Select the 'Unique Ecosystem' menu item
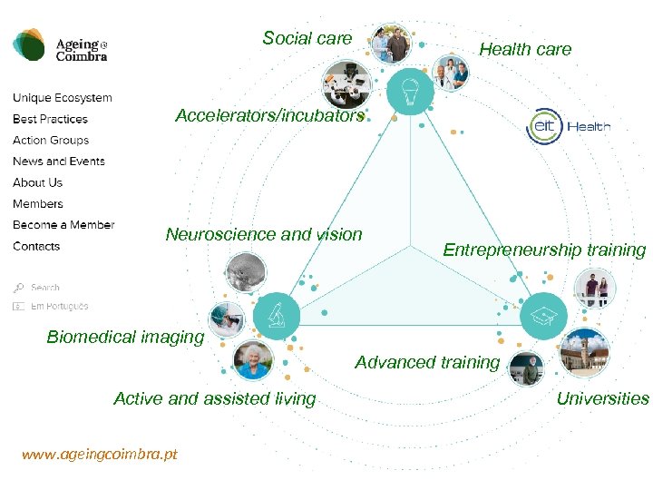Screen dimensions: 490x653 coord(63,98)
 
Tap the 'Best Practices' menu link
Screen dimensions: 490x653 coord(50,119)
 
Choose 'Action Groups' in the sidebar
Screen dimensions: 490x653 coord(51,141)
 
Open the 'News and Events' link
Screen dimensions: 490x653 coord(59,162)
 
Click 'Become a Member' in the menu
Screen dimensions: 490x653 coord(63,225)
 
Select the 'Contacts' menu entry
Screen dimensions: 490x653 coord(36,247)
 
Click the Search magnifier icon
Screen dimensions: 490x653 coord(18,288)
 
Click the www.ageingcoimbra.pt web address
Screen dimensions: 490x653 coord(100,455)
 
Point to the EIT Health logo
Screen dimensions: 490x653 coord(569,127)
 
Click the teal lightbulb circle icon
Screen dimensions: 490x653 coord(409,91)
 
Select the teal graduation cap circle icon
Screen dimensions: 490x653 coord(543,315)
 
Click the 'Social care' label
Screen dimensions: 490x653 coord(307,38)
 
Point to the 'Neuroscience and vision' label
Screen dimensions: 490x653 coord(264,235)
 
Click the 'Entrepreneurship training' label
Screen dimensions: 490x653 coord(544,250)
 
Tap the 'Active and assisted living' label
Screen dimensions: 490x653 coord(215,398)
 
